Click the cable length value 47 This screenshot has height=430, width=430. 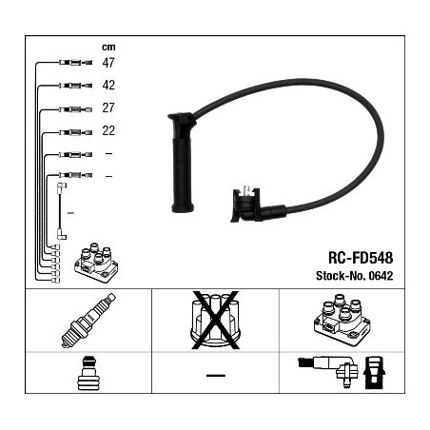(x=108, y=63)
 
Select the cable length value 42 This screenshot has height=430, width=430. (x=108, y=86)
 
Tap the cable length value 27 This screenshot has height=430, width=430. (x=108, y=108)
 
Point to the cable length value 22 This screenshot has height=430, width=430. (x=108, y=130)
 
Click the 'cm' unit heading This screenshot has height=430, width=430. (x=108, y=48)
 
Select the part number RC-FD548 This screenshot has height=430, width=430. (x=361, y=258)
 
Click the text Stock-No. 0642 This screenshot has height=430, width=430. (x=354, y=276)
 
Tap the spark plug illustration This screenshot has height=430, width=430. (x=88, y=321)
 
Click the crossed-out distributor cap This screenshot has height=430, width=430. (x=215, y=321)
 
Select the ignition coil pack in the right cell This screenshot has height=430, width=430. (x=342, y=321)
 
